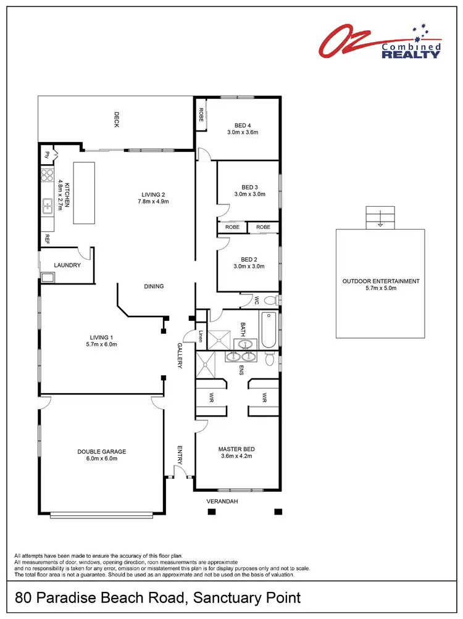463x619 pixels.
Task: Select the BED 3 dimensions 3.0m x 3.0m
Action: coord(249,194)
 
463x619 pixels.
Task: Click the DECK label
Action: coord(115,119)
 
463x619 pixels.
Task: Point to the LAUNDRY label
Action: coord(67,265)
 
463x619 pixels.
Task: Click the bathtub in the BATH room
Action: coord(269,331)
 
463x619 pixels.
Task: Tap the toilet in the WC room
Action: coord(269,301)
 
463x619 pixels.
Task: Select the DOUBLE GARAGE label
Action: coord(102,451)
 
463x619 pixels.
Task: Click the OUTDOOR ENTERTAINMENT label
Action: coord(380,281)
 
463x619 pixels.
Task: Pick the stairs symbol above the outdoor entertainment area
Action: coord(380,217)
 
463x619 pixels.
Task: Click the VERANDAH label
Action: coord(222,502)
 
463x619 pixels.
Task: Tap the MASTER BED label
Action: coord(236,449)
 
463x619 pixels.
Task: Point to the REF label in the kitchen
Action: coord(46,239)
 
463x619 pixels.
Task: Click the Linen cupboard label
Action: coord(201,336)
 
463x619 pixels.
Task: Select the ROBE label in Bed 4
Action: coord(201,114)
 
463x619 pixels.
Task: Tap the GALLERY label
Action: coord(180,355)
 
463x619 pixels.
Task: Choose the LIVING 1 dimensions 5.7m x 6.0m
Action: coord(102,344)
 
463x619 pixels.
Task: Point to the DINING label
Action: coord(154,286)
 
